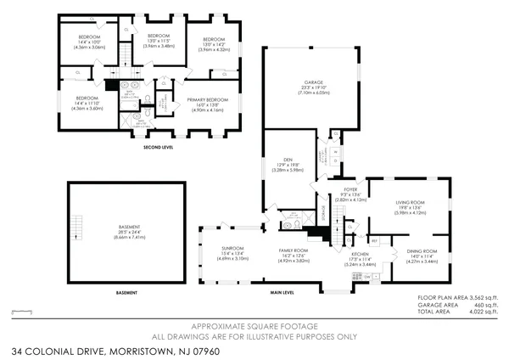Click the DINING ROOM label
point(422,251)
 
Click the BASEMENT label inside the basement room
point(131,227)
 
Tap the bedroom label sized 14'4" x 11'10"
point(87,98)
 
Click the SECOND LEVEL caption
point(159,147)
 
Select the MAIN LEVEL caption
point(282,293)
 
